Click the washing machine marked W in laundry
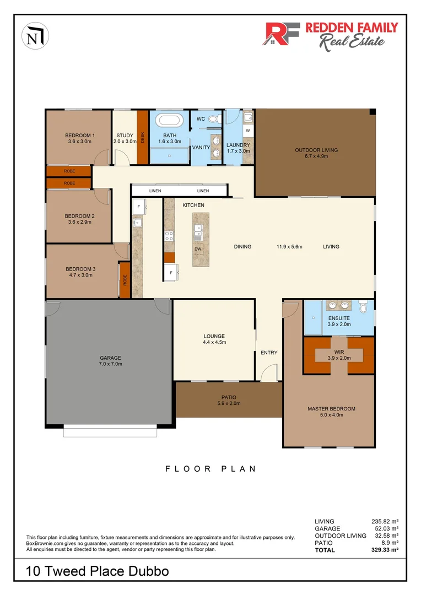tap(247, 131)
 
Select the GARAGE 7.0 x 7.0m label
tap(110, 360)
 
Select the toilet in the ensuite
tap(362, 307)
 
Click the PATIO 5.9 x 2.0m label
tap(228, 400)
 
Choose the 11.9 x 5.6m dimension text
tap(289, 247)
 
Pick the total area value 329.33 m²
tap(386, 549)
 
